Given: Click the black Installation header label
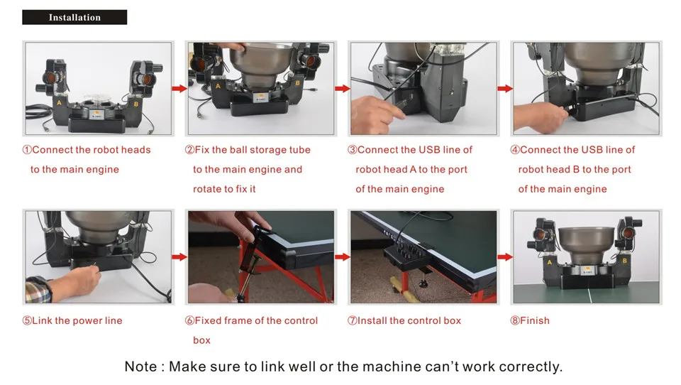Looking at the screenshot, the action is (x=74, y=17).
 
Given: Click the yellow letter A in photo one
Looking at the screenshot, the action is (x=59, y=103).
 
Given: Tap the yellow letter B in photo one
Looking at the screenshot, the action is (x=136, y=104).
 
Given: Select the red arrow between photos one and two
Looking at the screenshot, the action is (x=179, y=89).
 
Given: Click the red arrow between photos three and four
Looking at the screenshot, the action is (x=504, y=89).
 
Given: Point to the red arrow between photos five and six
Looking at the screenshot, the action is (x=179, y=257).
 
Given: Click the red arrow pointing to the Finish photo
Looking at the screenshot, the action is (x=504, y=257).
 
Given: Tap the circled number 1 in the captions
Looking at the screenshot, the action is (x=27, y=150).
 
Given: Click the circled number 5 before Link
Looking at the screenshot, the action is (x=27, y=321).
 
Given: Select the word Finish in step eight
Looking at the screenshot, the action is (x=535, y=320).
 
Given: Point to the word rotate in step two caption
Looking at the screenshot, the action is (x=207, y=189).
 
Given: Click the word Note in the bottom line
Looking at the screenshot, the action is (x=140, y=367).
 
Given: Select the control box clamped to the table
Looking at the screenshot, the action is (x=405, y=254).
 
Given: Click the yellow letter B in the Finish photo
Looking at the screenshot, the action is (x=624, y=261).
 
